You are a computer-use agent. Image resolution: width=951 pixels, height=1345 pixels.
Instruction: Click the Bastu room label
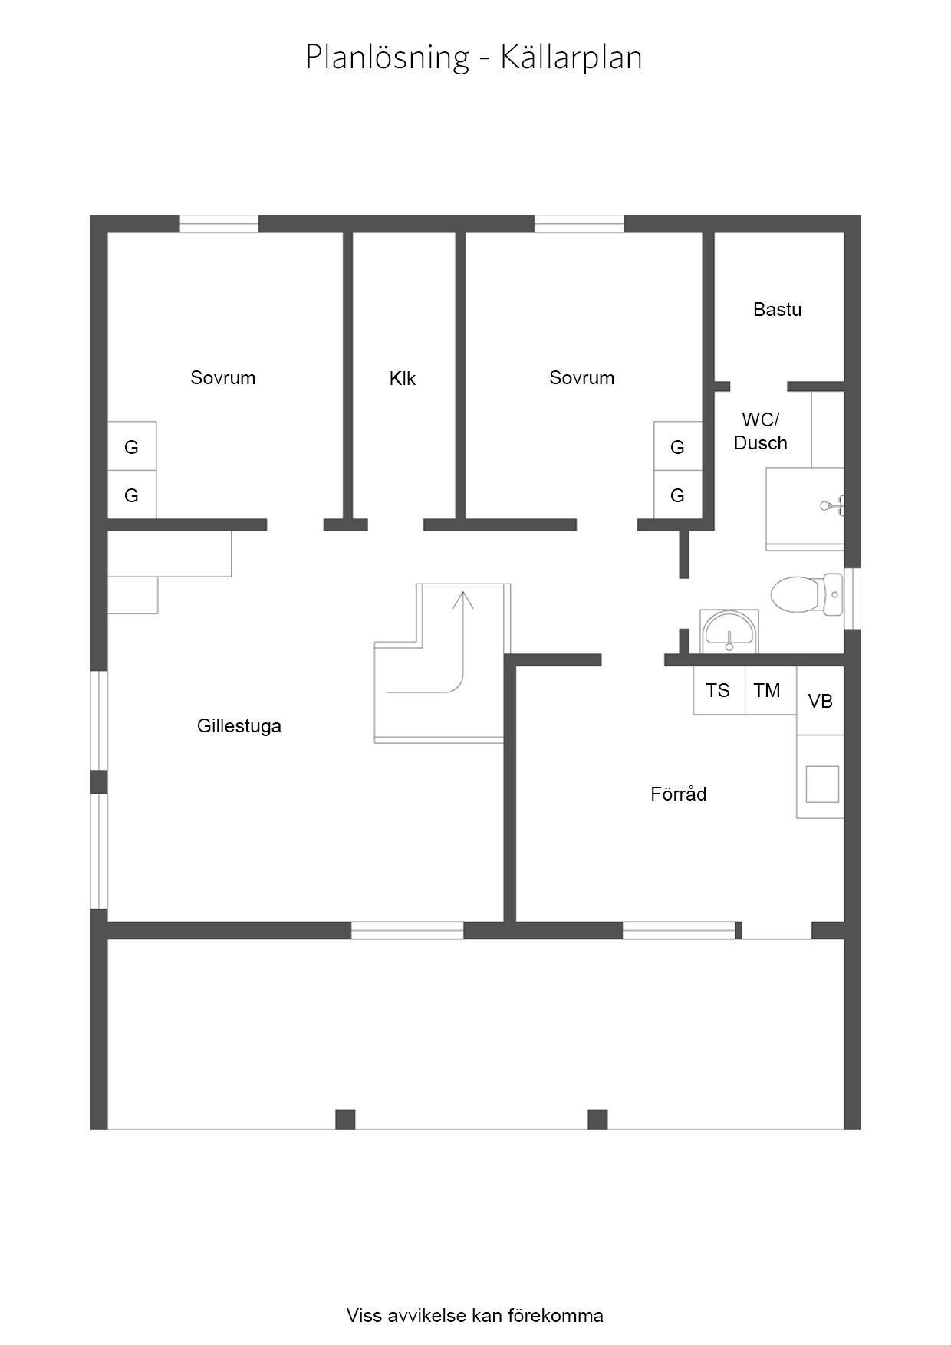pyautogui.click(x=777, y=310)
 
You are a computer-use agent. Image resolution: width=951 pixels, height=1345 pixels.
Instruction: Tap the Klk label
pyautogui.click(x=402, y=378)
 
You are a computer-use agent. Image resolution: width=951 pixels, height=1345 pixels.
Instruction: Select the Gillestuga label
pyautogui.click(x=239, y=726)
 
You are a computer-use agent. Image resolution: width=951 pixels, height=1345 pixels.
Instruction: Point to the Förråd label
pyautogui.click(x=678, y=794)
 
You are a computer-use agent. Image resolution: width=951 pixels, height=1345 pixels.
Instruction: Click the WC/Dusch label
pyautogui.click(x=760, y=431)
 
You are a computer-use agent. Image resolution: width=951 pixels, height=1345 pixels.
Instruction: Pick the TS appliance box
pyautogui.click(x=719, y=690)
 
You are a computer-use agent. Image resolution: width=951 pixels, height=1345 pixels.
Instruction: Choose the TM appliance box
pyautogui.click(x=771, y=690)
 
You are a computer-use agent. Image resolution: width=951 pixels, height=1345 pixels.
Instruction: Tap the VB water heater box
pyautogui.click(x=821, y=701)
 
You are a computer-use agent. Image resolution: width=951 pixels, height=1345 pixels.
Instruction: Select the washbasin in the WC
pyautogui.click(x=729, y=631)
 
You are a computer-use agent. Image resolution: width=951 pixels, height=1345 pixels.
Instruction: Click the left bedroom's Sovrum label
pyautogui.click(x=222, y=377)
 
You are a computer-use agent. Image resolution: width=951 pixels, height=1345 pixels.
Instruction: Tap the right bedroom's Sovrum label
pyautogui.click(x=581, y=377)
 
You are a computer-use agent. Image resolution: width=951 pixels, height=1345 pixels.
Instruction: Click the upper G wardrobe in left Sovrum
pyautogui.click(x=132, y=446)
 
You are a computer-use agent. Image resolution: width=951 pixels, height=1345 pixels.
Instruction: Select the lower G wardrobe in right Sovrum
pyautogui.click(x=678, y=495)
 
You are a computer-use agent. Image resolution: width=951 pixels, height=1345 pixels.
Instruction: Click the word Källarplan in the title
pyautogui.click(x=571, y=58)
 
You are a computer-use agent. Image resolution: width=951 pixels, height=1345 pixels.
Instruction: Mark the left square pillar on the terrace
pyautogui.click(x=345, y=1120)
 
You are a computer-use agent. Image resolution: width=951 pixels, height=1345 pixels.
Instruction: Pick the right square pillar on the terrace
pyautogui.click(x=597, y=1120)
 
